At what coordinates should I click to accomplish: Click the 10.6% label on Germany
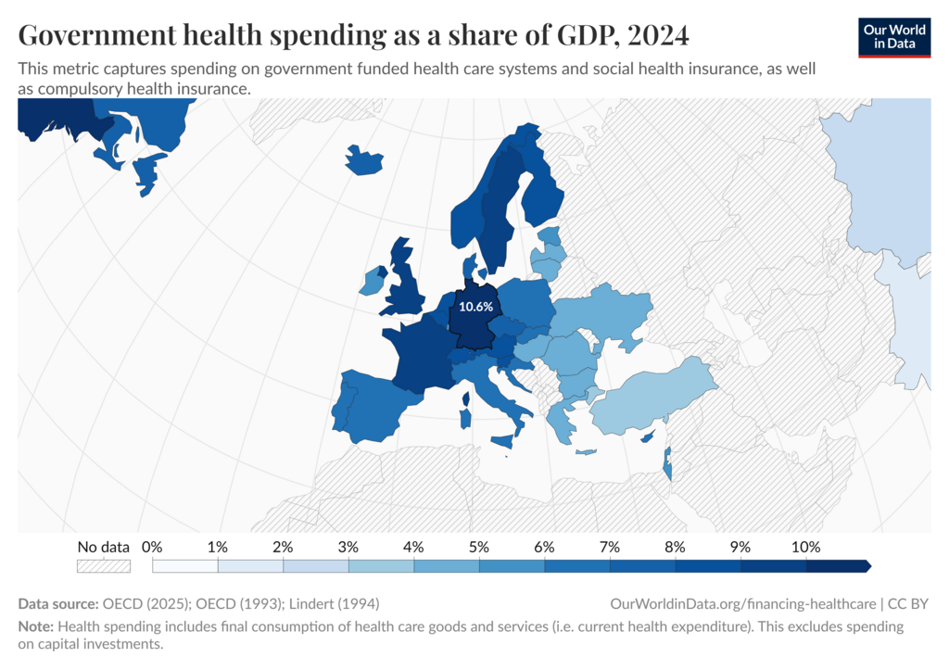pos(475,307)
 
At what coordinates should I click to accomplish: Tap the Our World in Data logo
pos(894,37)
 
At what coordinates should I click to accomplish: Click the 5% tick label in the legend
pos(479,547)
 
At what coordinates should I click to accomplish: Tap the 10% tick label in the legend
pos(805,547)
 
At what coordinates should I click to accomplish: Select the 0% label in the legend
pos(152,547)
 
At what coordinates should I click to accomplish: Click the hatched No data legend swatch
pos(104,566)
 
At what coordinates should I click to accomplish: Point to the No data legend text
pos(104,547)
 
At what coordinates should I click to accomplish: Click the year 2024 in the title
pos(658,35)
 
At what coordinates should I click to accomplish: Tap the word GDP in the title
pos(586,35)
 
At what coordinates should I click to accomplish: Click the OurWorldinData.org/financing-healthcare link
pos(742,603)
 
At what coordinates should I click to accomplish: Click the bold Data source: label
pos(58,603)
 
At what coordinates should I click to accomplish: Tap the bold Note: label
pos(36,626)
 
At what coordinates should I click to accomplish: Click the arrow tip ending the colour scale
pos(871,566)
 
